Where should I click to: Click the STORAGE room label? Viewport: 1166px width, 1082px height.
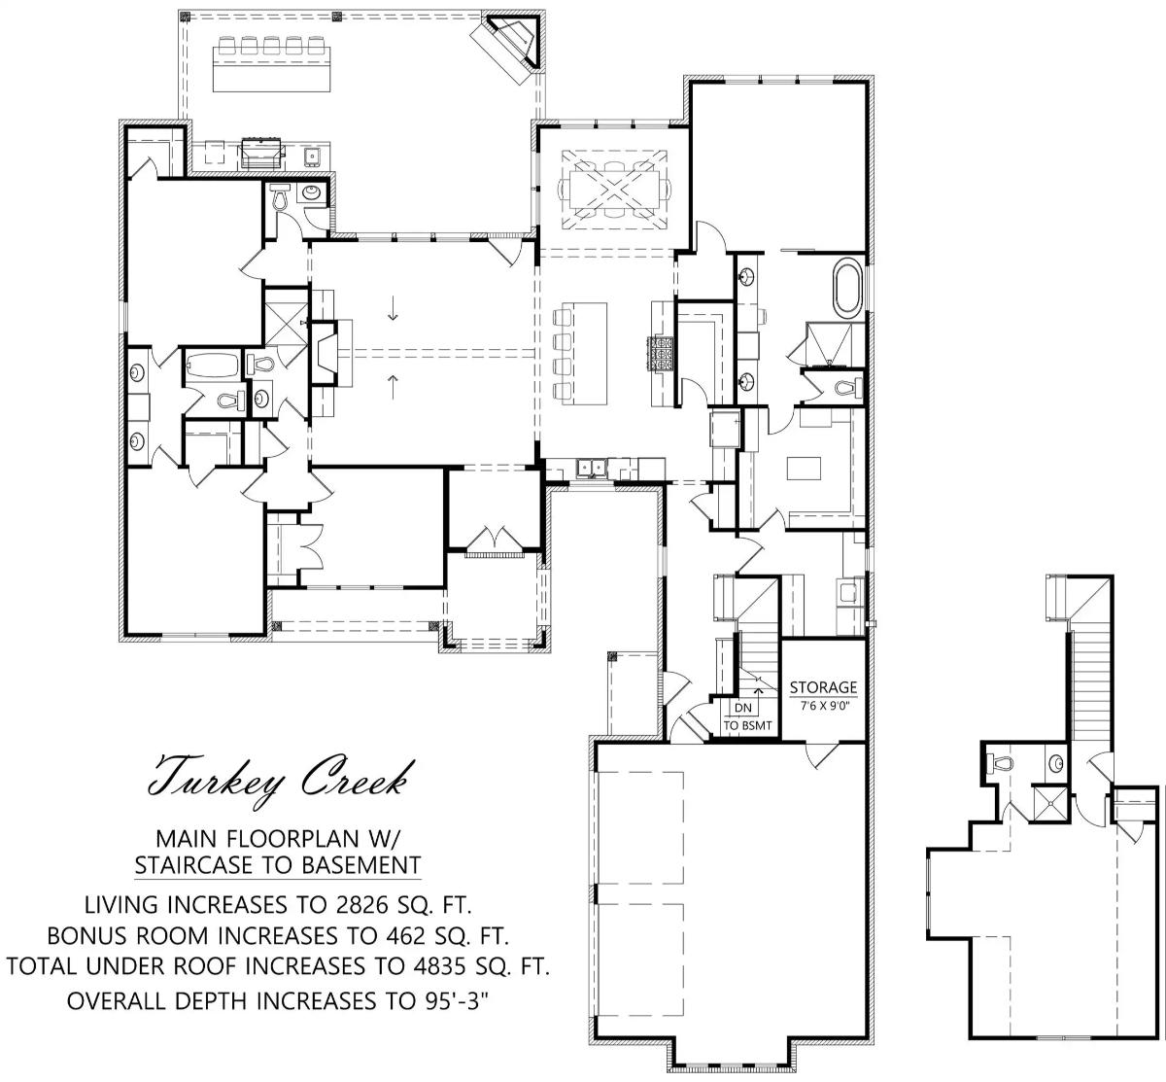click(823, 686)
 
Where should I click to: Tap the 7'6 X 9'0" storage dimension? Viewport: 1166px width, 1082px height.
click(823, 706)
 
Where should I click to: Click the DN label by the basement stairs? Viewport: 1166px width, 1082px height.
click(742, 707)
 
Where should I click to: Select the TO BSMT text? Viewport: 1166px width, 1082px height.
click(747, 725)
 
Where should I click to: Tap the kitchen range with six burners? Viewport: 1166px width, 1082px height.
click(661, 354)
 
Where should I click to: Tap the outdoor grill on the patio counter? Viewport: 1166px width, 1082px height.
click(261, 154)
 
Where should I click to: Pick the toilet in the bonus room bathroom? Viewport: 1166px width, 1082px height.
click(1003, 763)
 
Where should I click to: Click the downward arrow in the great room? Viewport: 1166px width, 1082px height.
click(393, 308)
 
